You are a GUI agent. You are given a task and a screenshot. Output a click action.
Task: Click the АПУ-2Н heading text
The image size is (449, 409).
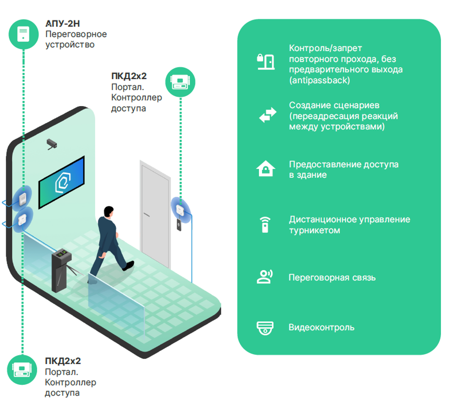(62, 23)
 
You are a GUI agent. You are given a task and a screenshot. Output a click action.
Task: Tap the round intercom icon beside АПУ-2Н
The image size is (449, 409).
(23, 35)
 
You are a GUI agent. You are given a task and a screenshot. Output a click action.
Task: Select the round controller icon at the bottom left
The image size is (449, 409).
(22, 370)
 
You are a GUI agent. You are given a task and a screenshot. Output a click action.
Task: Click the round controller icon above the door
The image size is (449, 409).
(180, 82)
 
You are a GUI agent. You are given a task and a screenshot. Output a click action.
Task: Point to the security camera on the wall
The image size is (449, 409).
(52, 144)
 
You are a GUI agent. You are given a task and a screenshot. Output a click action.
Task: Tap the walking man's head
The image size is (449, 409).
(109, 212)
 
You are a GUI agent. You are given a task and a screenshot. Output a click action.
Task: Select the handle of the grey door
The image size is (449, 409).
(146, 214)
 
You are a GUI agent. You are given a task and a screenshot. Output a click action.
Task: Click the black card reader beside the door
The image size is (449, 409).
(179, 225)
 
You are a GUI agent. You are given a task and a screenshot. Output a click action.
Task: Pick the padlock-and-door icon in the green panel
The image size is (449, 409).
(266, 62)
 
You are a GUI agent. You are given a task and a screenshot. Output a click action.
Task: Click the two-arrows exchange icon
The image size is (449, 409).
(268, 115)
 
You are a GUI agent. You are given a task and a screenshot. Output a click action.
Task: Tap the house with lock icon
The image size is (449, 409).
(266, 169)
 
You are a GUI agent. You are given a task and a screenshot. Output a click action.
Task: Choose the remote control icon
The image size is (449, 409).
(265, 225)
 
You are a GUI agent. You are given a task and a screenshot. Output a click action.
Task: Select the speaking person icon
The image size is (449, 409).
(265, 277)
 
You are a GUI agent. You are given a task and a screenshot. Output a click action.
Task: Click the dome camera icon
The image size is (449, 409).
(265, 328)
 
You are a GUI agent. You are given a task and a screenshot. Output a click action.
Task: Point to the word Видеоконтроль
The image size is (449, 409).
(321, 327)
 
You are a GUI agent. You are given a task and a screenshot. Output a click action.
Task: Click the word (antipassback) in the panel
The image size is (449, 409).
(320, 80)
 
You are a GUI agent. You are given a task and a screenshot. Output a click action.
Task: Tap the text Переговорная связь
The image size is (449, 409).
(332, 277)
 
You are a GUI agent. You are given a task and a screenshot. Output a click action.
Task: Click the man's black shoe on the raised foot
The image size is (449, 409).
(128, 266)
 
